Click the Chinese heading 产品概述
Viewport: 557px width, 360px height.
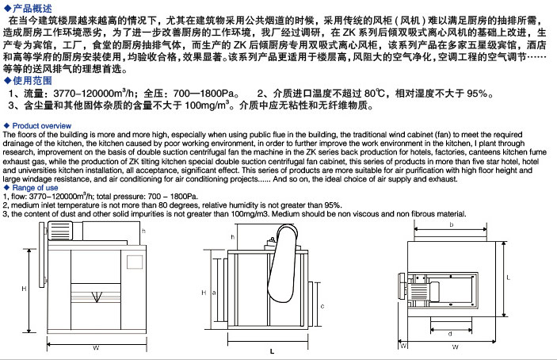pos(31,6)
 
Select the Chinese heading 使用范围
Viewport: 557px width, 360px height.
pos(31,80)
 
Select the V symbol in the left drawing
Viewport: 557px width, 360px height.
pos(96,297)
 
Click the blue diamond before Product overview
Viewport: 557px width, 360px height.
pos(6,126)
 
